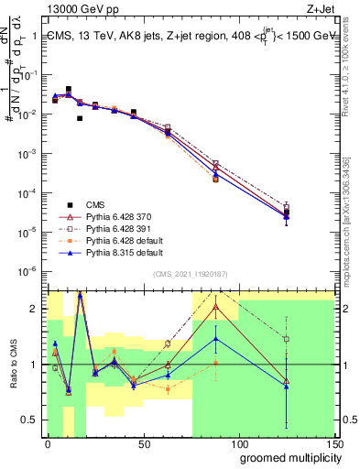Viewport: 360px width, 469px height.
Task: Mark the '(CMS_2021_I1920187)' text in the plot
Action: (191, 274)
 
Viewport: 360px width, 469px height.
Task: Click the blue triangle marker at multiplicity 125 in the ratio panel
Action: (287, 386)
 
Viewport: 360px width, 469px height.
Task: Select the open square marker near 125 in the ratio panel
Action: (287, 339)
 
